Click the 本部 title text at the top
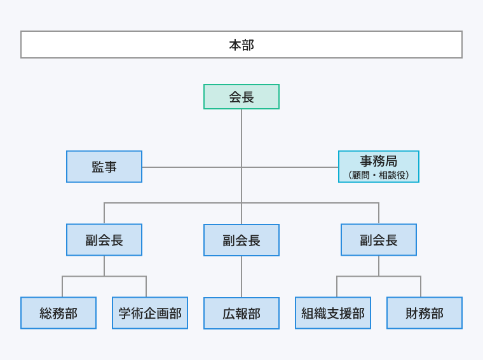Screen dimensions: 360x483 241,45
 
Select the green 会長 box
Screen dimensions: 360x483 241,97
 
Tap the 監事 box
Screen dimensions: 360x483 104,167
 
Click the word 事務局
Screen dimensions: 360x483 379,162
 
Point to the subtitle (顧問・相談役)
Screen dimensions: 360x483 379,175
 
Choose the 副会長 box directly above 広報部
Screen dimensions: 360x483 241,240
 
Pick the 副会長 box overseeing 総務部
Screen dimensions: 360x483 104,240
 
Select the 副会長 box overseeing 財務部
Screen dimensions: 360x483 379,240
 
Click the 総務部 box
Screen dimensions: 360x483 58,313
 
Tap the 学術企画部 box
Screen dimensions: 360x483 150,313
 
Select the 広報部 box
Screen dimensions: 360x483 241,314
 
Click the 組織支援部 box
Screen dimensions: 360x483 333,313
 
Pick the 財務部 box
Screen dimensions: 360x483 425,313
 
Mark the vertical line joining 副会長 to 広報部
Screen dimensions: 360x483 241,277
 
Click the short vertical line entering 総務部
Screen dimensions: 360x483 62,287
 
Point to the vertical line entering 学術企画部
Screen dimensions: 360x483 146,287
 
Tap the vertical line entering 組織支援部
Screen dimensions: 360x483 337,287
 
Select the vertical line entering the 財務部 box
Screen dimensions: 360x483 421,287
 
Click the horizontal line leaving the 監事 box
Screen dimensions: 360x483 191,167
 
